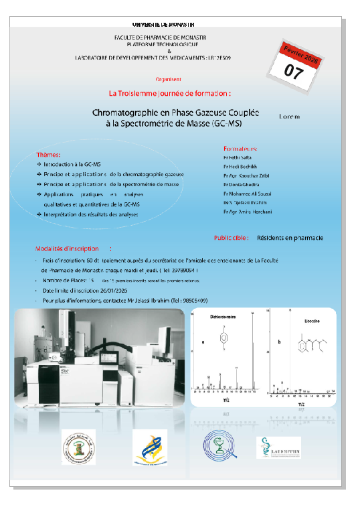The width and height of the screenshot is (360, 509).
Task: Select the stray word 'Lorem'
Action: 289,116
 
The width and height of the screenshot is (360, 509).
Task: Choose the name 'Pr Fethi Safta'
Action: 238,156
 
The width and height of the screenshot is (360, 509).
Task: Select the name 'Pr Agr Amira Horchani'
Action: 248,212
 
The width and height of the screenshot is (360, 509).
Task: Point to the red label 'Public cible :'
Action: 232,237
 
